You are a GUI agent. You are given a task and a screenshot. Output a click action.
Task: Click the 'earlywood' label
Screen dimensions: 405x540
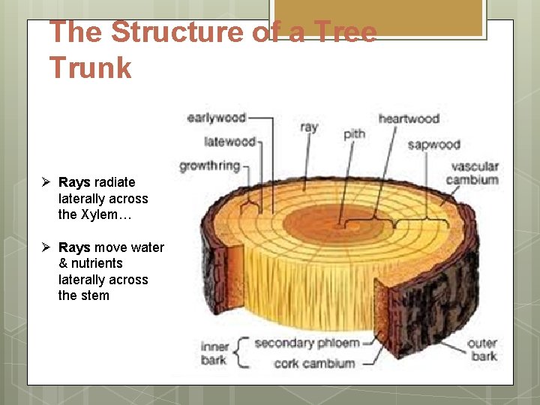[x=217, y=118]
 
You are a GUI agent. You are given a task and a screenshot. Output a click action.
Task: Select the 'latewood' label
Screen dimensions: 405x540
[x=230, y=140]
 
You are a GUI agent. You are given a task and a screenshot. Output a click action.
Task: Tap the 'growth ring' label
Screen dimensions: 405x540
[x=209, y=166]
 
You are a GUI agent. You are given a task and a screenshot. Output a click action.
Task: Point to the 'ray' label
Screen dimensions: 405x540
[x=309, y=127]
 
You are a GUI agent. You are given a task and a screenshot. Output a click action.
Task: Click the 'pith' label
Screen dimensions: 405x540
[x=354, y=133]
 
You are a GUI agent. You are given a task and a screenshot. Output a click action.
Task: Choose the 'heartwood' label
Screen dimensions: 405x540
[x=409, y=118]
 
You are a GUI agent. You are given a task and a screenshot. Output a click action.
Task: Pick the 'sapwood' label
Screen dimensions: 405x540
[x=433, y=144]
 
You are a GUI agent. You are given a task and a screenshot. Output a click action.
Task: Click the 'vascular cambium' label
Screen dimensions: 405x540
[x=472, y=173]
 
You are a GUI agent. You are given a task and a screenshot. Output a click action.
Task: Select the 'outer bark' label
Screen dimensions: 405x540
[x=482, y=349]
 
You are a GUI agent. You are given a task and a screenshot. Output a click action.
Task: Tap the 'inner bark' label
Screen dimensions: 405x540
[x=214, y=353]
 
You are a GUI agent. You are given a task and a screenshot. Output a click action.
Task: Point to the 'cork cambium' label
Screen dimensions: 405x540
[x=304, y=363]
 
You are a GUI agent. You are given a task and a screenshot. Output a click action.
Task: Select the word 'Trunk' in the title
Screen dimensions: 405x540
[x=90, y=67]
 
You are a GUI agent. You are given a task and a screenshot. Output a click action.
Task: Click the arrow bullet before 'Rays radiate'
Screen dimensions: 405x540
[x=46, y=182]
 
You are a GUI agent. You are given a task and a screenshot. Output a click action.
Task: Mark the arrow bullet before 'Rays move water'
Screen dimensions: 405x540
[x=46, y=247]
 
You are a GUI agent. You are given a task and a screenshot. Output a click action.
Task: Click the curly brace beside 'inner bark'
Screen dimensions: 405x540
[x=241, y=352]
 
